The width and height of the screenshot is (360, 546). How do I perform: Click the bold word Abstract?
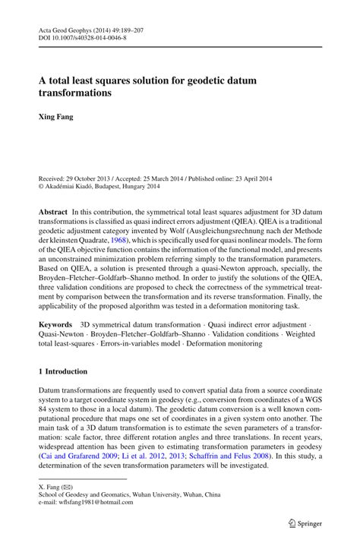click(x=53, y=210)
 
